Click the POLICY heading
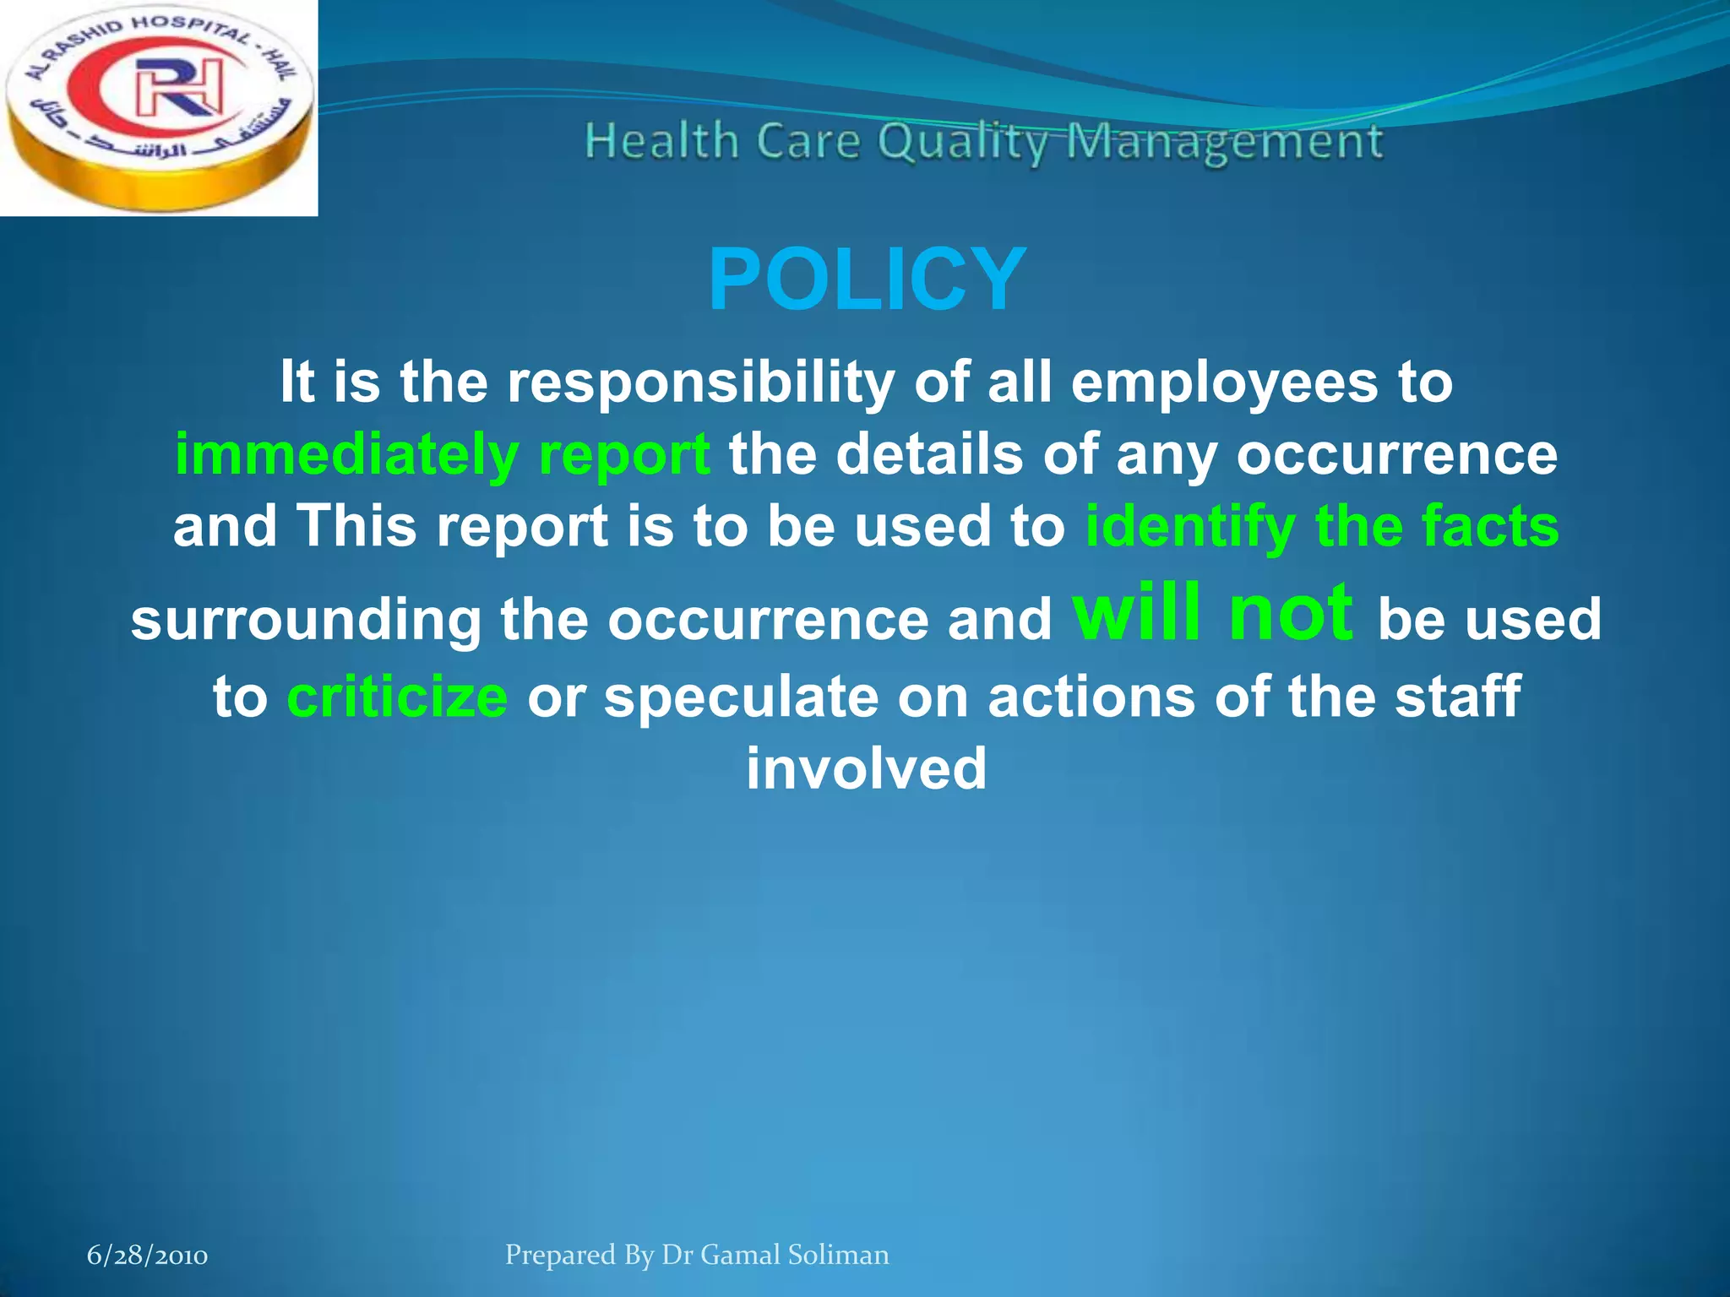coord(867,280)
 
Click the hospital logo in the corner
coord(158,107)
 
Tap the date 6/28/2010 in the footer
coord(148,1256)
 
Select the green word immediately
coord(346,456)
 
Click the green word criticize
coord(397,697)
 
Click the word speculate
coord(741,697)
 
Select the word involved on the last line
coord(867,768)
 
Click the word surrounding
coord(306,620)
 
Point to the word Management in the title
coord(1225,142)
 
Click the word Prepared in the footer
coord(560,1255)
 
